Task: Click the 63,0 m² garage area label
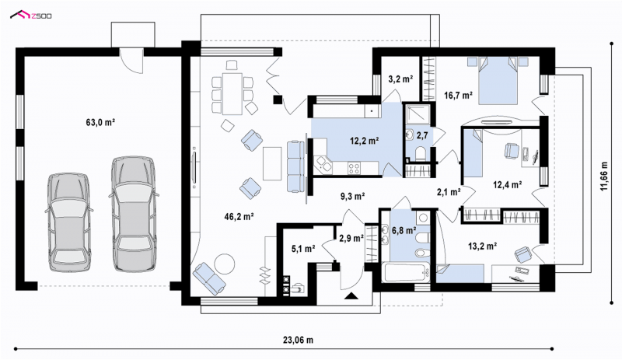coord(100,122)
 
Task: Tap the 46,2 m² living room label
coord(239,216)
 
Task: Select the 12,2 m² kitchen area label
coord(364,140)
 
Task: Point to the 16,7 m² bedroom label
coord(458,95)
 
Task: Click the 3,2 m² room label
coord(400,79)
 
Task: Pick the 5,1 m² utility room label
coord(303,249)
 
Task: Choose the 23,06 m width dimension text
coord(298,340)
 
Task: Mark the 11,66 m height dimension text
coord(604,177)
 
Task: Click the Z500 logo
coord(31,15)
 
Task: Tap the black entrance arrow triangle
coord(351,295)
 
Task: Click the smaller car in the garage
coord(68,222)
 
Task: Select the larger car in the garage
coord(134,214)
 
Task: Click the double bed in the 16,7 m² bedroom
coord(498,81)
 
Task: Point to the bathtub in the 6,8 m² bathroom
coord(405,271)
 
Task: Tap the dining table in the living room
coord(232,93)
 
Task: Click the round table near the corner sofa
coord(225,264)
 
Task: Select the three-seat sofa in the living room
coord(295,166)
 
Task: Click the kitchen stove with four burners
coord(354,168)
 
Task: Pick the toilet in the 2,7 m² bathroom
coord(420,153)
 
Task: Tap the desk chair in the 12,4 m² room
coord(512,150)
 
